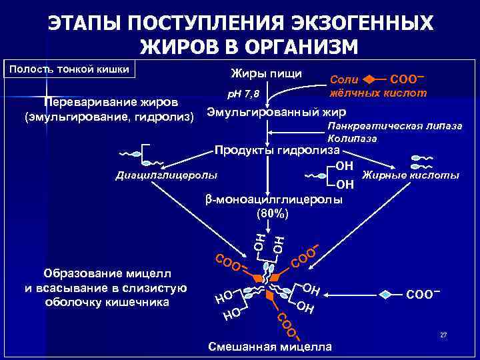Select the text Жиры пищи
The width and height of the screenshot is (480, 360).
coord(266,72)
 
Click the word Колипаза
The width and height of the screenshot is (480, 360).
coord(353,139)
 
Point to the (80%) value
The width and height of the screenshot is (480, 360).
coord(273,214)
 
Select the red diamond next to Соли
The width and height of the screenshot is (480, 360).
coord(375,79)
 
